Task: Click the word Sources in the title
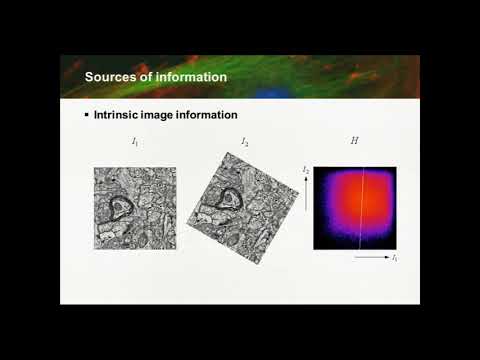110,77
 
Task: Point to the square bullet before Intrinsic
86,116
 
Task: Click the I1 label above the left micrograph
135,143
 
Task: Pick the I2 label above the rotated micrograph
245,143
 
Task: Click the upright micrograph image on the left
135,208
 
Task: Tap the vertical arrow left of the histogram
306,200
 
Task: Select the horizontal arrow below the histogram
370,258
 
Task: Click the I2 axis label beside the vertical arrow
306,171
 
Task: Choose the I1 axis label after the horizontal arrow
395,258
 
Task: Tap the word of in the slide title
147,77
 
